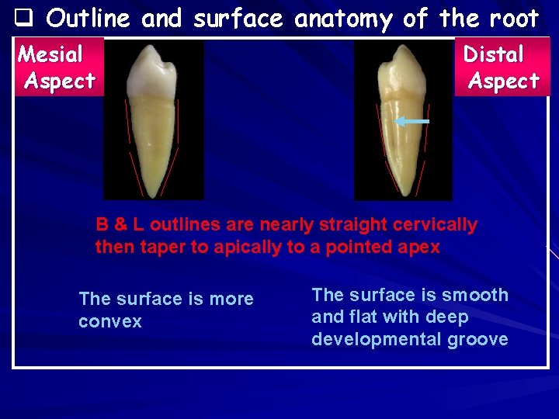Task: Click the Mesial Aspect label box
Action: pyautogui.click(x=58, y=68)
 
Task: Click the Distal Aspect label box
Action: pyautogui.click(x=502, y=68)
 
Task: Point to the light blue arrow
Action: pyautogui.click(x=411, y=122)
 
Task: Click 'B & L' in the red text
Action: pyautogui.click(x=120, y=225)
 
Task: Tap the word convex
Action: pyautogui.click(x=110, y=321)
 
